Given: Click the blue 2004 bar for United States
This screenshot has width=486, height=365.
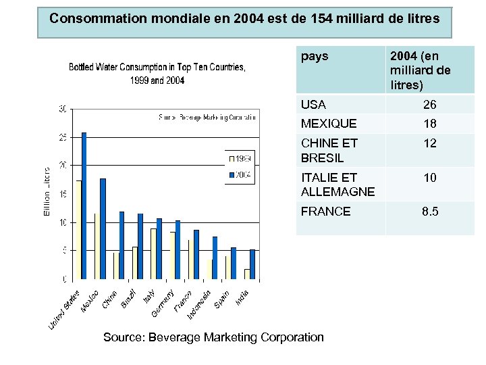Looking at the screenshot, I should [84, 205].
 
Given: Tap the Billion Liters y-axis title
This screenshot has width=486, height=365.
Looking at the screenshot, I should [47, 192].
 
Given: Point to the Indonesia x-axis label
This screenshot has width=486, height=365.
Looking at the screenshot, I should [200, 304].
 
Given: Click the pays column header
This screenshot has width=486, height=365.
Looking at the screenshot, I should [315, 56].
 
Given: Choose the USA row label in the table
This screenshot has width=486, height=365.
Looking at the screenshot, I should [313, 105].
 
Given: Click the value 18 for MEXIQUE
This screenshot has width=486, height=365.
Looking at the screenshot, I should [429, 124].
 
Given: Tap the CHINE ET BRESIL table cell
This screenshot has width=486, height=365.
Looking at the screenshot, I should [329, 151].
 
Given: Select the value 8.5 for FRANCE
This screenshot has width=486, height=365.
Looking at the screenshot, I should [430, 212].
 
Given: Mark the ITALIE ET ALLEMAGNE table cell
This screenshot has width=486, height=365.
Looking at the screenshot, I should [337, 185].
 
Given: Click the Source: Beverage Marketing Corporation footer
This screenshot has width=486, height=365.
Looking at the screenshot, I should [213, 337].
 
